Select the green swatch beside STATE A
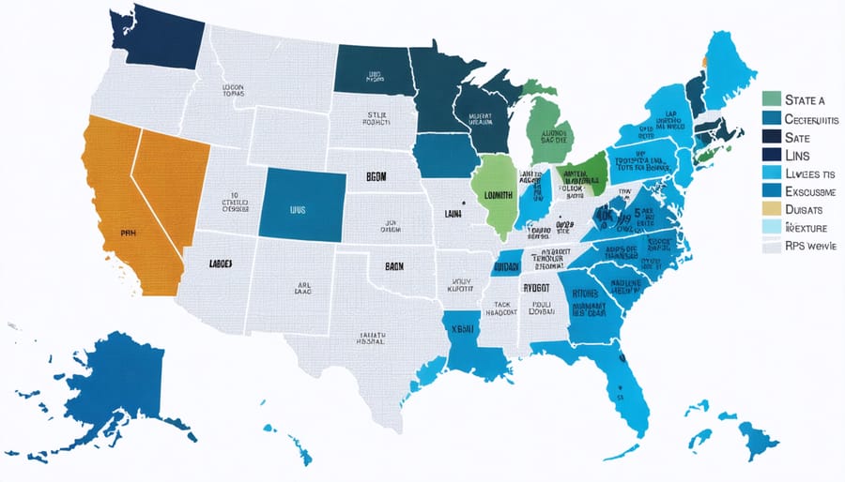click(x=771, y=98)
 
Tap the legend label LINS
click(x=798, y=154)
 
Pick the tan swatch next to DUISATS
click(x=771, y=209)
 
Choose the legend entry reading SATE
click(x=797, y=136)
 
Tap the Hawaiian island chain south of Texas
click(x=291, y=441)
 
